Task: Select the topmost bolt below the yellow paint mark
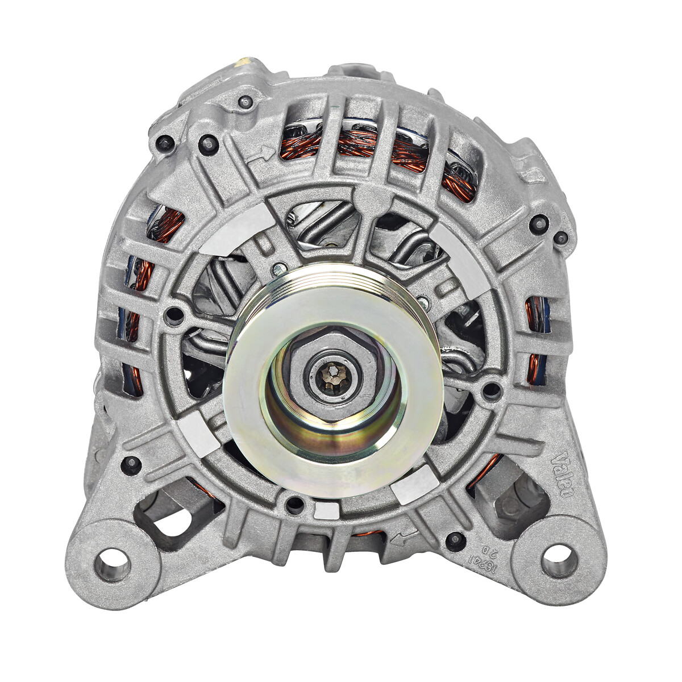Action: tap(246, 102)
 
